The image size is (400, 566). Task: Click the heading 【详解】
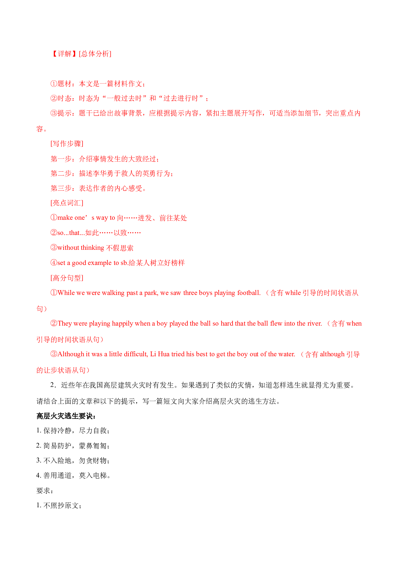pos(65,54)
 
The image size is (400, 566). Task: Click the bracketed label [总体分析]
pos(95,54)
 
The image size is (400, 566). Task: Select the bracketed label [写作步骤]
pos(67,144)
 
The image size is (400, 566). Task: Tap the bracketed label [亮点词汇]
pos(67,203)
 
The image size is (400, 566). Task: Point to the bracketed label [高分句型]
pos(67,278)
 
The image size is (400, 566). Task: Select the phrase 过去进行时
pos(184,98)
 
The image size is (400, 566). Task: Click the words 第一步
pos(61,159)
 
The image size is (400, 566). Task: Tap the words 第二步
pos(61,174)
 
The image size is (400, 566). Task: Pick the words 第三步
pos(61,188)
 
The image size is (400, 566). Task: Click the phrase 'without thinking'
pos(81,248)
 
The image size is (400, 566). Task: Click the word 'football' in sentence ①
pos(248,293)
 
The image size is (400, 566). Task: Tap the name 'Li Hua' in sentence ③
pos(160,354)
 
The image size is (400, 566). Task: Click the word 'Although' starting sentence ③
pos(71,354)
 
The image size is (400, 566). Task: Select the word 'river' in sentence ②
pos(314,324)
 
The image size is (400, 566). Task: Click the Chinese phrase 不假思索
pos(120,248)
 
